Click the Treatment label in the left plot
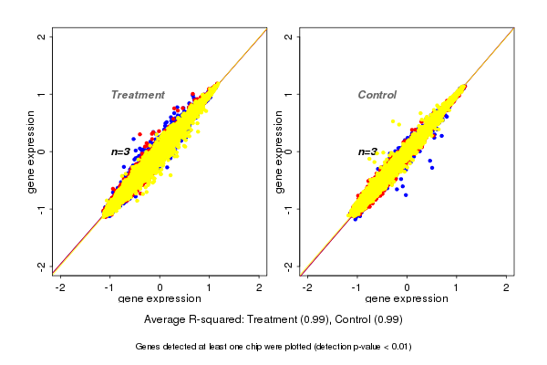pyautogui.click(x=138, y=95)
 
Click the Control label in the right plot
pyautogui.click(x=377, y=95)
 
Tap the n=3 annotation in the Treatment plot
pyautogui.click(x=120, y=151)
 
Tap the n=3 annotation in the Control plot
pyautogui.click(x=366, y=151)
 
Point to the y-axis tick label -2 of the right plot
pyautogui.click(x=289, y=266)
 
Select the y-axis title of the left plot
pyautogui.click(x=32, y=151)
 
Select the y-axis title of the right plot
pyautogui.click(x=278, y=151)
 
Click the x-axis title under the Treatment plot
pyautogui.click(x=160, y=299)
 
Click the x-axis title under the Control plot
pyautogui.click(x=407, y=299)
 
